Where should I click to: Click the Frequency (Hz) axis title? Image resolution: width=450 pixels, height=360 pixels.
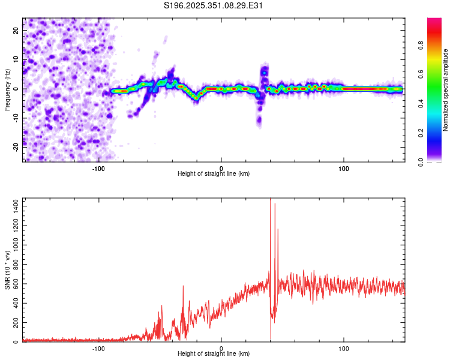coord(7,89)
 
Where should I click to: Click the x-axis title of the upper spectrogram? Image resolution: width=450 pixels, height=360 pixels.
coord(214,173)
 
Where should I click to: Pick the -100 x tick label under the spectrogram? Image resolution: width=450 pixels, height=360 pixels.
coord(99,168)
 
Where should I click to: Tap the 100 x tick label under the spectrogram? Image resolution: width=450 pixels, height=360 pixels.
coord(344,168)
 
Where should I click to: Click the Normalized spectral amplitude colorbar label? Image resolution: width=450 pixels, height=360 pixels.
coord(446,89)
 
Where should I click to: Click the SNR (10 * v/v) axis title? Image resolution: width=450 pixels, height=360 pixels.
coord(7,270)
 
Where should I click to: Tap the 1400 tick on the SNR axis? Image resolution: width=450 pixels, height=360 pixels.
coord(13,206)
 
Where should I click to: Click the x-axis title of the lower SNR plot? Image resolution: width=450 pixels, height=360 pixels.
coord(214,354)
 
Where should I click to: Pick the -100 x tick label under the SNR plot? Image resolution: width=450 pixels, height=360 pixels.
coord(99,349)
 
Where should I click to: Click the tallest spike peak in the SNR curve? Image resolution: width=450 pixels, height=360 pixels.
coord(270,199)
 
